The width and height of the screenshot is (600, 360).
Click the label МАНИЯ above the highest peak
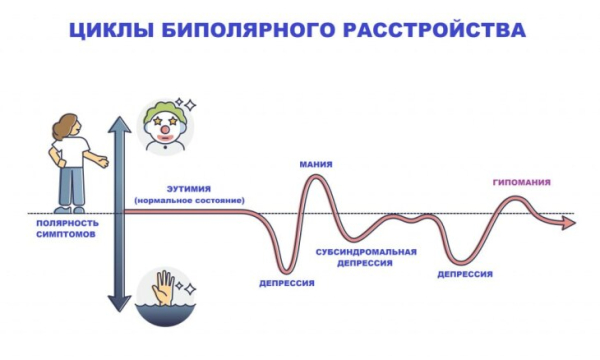tap(316, 163)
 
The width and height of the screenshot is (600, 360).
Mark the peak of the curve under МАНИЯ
tap(316, 178)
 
